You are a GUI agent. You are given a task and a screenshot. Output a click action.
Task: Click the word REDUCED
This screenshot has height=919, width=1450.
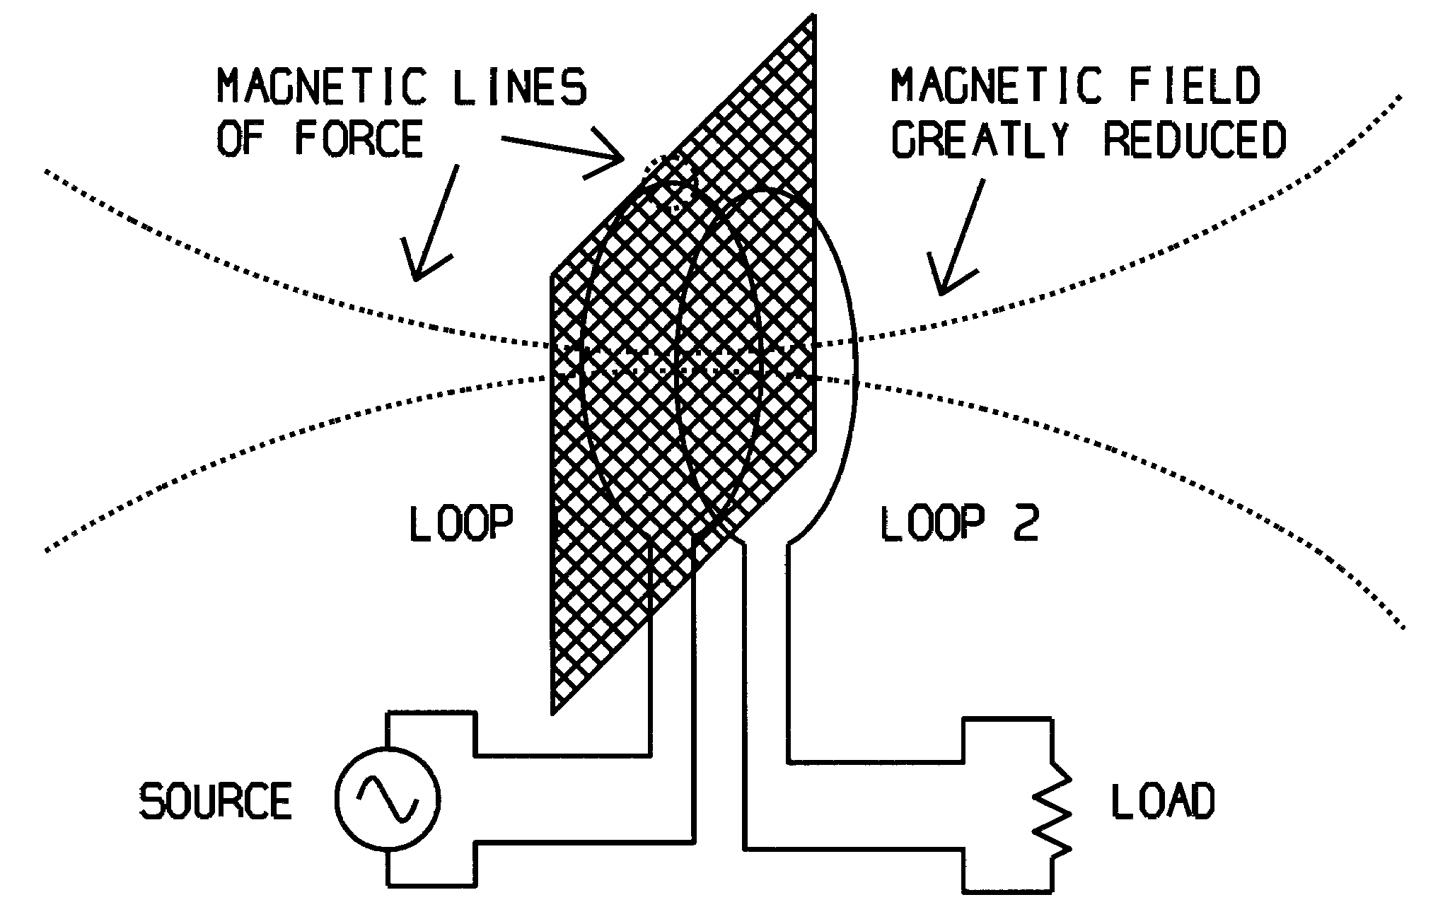(x=1194, y=139)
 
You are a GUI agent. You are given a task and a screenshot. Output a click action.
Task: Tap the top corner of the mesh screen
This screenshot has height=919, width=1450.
(x=814, y=16)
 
